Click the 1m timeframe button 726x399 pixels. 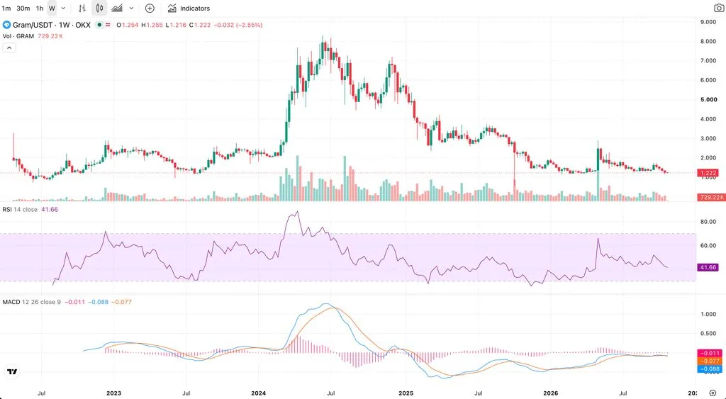point(6,9)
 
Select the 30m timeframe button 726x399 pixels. point(23,9)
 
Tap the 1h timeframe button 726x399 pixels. point(40,9)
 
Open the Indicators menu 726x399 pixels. point(189,9)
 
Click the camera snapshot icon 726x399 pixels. point(719,8)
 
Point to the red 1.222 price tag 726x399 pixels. point(708,172)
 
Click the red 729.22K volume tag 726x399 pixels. point(711,197)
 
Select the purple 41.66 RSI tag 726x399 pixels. point(708,267)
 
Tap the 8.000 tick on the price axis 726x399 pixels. point(709,41)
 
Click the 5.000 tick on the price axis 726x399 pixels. point(709,99)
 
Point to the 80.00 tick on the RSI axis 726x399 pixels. point(708,222)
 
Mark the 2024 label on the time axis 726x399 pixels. point(258,393)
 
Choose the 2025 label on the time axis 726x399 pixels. point(406,393)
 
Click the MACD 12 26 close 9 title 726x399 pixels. point(31,302)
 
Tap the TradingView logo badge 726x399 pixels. point(13,371)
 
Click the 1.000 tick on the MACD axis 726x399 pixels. point(708,314)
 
